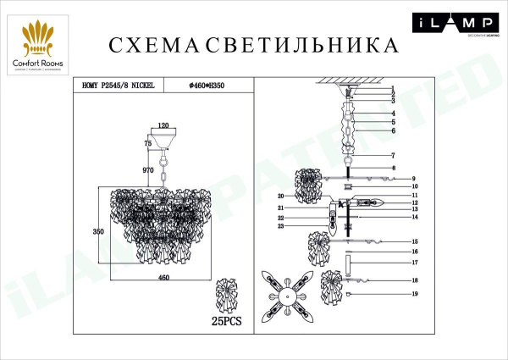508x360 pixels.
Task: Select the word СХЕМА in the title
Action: [148, 44]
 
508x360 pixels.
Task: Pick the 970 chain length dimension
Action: [149, 170]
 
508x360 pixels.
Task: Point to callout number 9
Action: [415, 179]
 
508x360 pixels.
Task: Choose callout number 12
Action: [415, 203]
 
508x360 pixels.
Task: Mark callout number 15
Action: [415, 241]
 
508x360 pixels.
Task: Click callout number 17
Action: [415, 263]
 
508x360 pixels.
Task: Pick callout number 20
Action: [279, 196]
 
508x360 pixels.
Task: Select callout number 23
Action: [279, 226]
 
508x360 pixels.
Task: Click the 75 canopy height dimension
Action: [148, 144]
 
